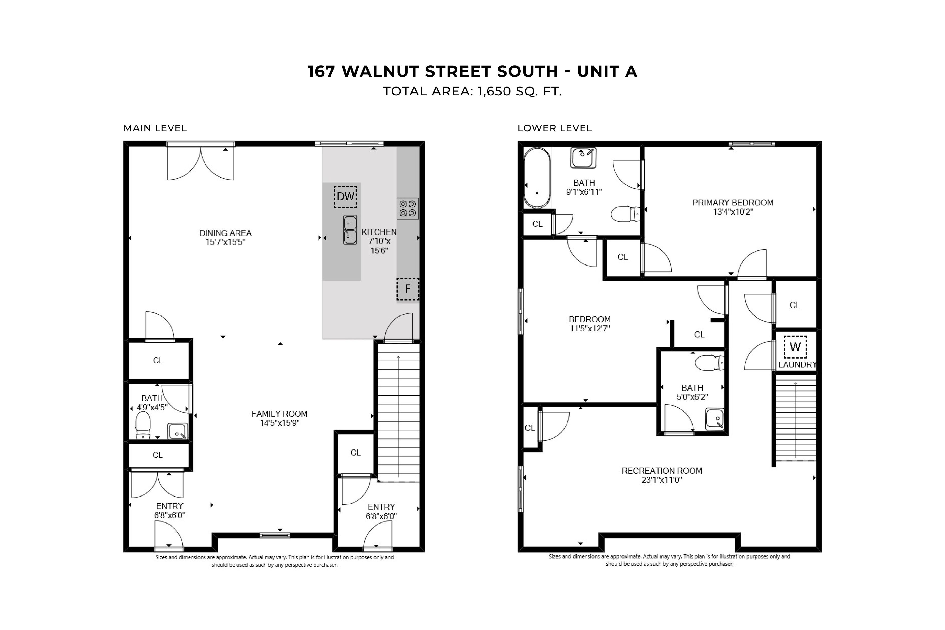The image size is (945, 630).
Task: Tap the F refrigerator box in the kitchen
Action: [408, 289]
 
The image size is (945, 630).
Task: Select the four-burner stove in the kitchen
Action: [408, 208]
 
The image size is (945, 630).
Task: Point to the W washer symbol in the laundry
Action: [795, 347]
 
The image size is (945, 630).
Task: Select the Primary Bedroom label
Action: [733, 203]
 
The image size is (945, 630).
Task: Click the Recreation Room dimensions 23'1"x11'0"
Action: [662, 480]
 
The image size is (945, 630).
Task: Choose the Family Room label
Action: [279, 414]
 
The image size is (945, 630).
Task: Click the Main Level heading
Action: [155, 128]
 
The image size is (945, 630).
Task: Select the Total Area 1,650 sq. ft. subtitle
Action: [472, 92]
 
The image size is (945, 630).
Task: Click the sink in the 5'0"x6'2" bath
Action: [715, 419]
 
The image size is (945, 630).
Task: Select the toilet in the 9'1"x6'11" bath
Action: [625, 214]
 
